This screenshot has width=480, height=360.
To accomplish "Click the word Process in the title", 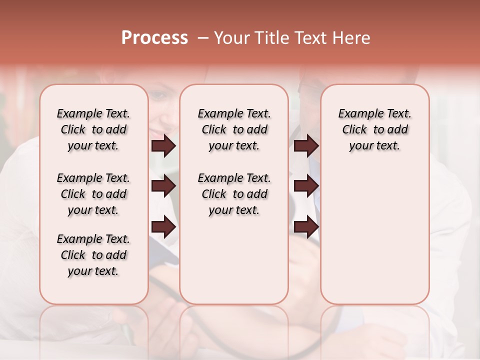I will [x=154, y=38].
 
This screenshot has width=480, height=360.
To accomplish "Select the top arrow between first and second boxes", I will [x=163, y=146].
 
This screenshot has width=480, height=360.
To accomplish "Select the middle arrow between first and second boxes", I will [x=163, y=186].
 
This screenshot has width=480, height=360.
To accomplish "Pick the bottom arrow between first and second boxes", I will [x=163, y=227].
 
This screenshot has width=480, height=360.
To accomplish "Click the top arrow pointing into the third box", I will [x=306, y=146].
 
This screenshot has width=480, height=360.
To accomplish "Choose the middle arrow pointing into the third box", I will [x=306, y=186].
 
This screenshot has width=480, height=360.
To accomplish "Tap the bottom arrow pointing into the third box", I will [x=306, y=227].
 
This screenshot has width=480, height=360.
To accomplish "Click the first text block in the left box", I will [x=93, y=129].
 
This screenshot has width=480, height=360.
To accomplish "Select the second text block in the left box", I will [x=93, y=194].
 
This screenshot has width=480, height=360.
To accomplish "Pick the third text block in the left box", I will [x=93, y=255].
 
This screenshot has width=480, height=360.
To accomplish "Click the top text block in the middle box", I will [x=234, y=129].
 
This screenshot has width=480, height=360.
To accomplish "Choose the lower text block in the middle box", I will [x=234, y=194].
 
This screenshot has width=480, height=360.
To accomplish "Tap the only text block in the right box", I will [x=374, y=129].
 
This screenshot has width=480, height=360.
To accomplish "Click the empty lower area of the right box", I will [x=374, y=235].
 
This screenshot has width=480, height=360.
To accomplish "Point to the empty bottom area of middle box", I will [x=234, y=265].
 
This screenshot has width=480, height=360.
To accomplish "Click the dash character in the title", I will [x=202, y=38].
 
